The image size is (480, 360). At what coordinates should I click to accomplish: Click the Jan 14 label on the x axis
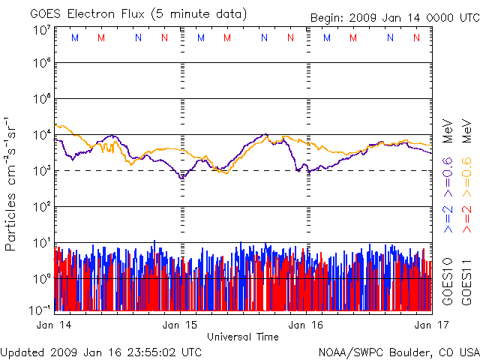53,325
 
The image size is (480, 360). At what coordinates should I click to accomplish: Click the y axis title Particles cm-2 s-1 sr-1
12,183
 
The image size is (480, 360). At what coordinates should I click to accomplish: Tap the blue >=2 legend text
448,216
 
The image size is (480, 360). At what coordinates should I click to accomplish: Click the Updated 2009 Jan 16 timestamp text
101,351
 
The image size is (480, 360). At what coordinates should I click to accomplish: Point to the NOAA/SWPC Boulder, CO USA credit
398,351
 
